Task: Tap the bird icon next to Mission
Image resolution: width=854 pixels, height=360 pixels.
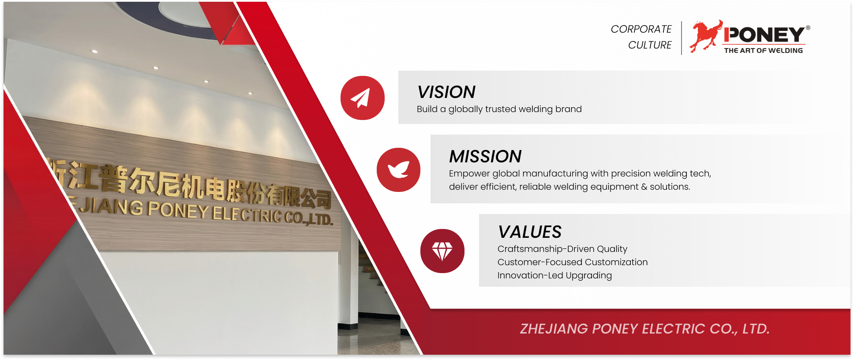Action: pyautogui.click(x=399, y=170)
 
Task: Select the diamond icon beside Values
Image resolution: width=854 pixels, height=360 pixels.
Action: pyautogui.click(x=442, y=251)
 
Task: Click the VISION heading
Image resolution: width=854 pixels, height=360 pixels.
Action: pyautogui.click(x=446, y=92)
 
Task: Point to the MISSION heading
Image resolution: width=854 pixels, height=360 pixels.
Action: pyautogui.click(x=485, y=157)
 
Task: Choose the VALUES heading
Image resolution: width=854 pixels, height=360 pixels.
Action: pyautogui.click(x=530, y=232)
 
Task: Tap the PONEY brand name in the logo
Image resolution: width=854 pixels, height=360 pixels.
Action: pyautogui.click(x=764, y=35)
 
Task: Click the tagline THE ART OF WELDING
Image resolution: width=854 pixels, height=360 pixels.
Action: pyautogui.click(x=764, y=51)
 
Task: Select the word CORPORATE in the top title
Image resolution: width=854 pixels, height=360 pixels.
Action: pyautogui.click(x=641, y=29)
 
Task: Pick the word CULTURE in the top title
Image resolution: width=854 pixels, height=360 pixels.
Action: pyautogui.click(x=650, y=45)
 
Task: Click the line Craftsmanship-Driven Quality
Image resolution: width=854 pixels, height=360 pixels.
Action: pyautogui.click(x=562, y=249)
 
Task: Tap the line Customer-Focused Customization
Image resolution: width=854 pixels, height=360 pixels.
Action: pyautogui.click(x=573, y=262)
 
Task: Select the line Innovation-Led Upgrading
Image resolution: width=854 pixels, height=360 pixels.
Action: pyautogui.click(x=554, y=276)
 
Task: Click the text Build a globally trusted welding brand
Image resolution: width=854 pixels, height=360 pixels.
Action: pyautogui.click(x=499, y=109)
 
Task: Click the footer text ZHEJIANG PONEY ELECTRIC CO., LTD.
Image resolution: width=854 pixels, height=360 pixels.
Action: pyautogui.click(x=644, y=329)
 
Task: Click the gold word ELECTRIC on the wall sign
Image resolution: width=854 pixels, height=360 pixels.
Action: pyautogui.click(x=247, y=215)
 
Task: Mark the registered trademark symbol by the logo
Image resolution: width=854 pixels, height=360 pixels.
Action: pyautogui.click(x=808, y=28)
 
